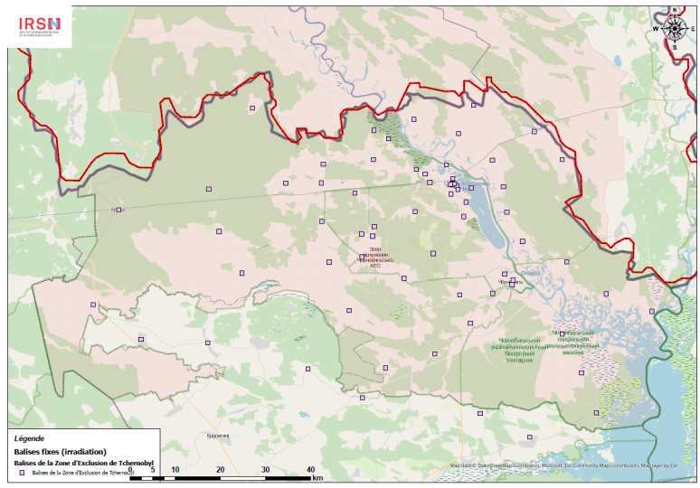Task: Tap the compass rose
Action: pos(674,27)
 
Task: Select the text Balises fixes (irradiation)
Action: pos(61,451)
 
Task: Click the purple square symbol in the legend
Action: pos(22,473)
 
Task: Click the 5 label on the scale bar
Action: pos(152,470)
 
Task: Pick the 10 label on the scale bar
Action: pos(175,470)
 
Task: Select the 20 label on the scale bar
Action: pos(220,470)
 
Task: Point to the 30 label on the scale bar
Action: pos(265,470)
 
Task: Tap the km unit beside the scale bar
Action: pos(317,476)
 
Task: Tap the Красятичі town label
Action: pos(219,435)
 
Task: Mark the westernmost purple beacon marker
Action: pos(118,211)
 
